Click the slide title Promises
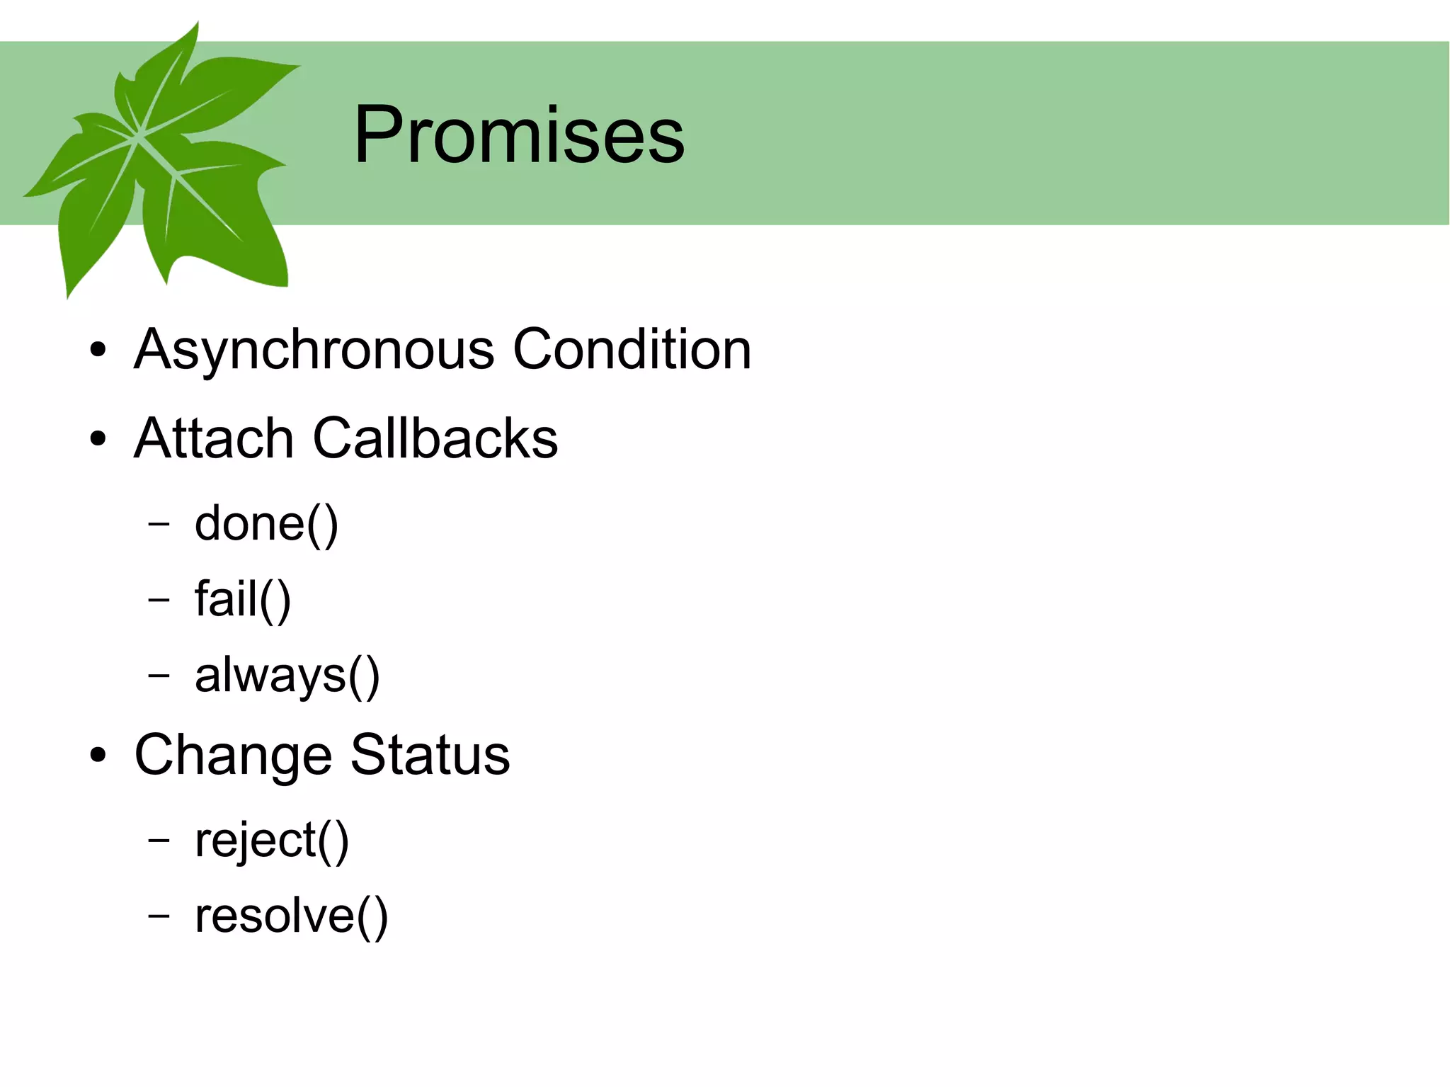(x=519, y=135)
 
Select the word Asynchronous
(x=314, y=350)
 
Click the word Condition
(x=632, y=349)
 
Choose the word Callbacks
(x=435, y=438)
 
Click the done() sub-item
(x=266, y=525)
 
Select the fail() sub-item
(x=243, y=600)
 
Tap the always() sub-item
(x=287, y=676)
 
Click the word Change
(x=233, y=756)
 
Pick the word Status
(x=430, y=755)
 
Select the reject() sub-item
(x=272, y=841)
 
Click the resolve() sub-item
(x=292, y=916)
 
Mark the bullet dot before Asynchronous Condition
(x=98, y=350)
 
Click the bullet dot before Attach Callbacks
(x=98, y=438)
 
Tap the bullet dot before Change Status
(x=98, y=755)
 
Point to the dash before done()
(x=159, y=524)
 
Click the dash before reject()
(x=159, y=840)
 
